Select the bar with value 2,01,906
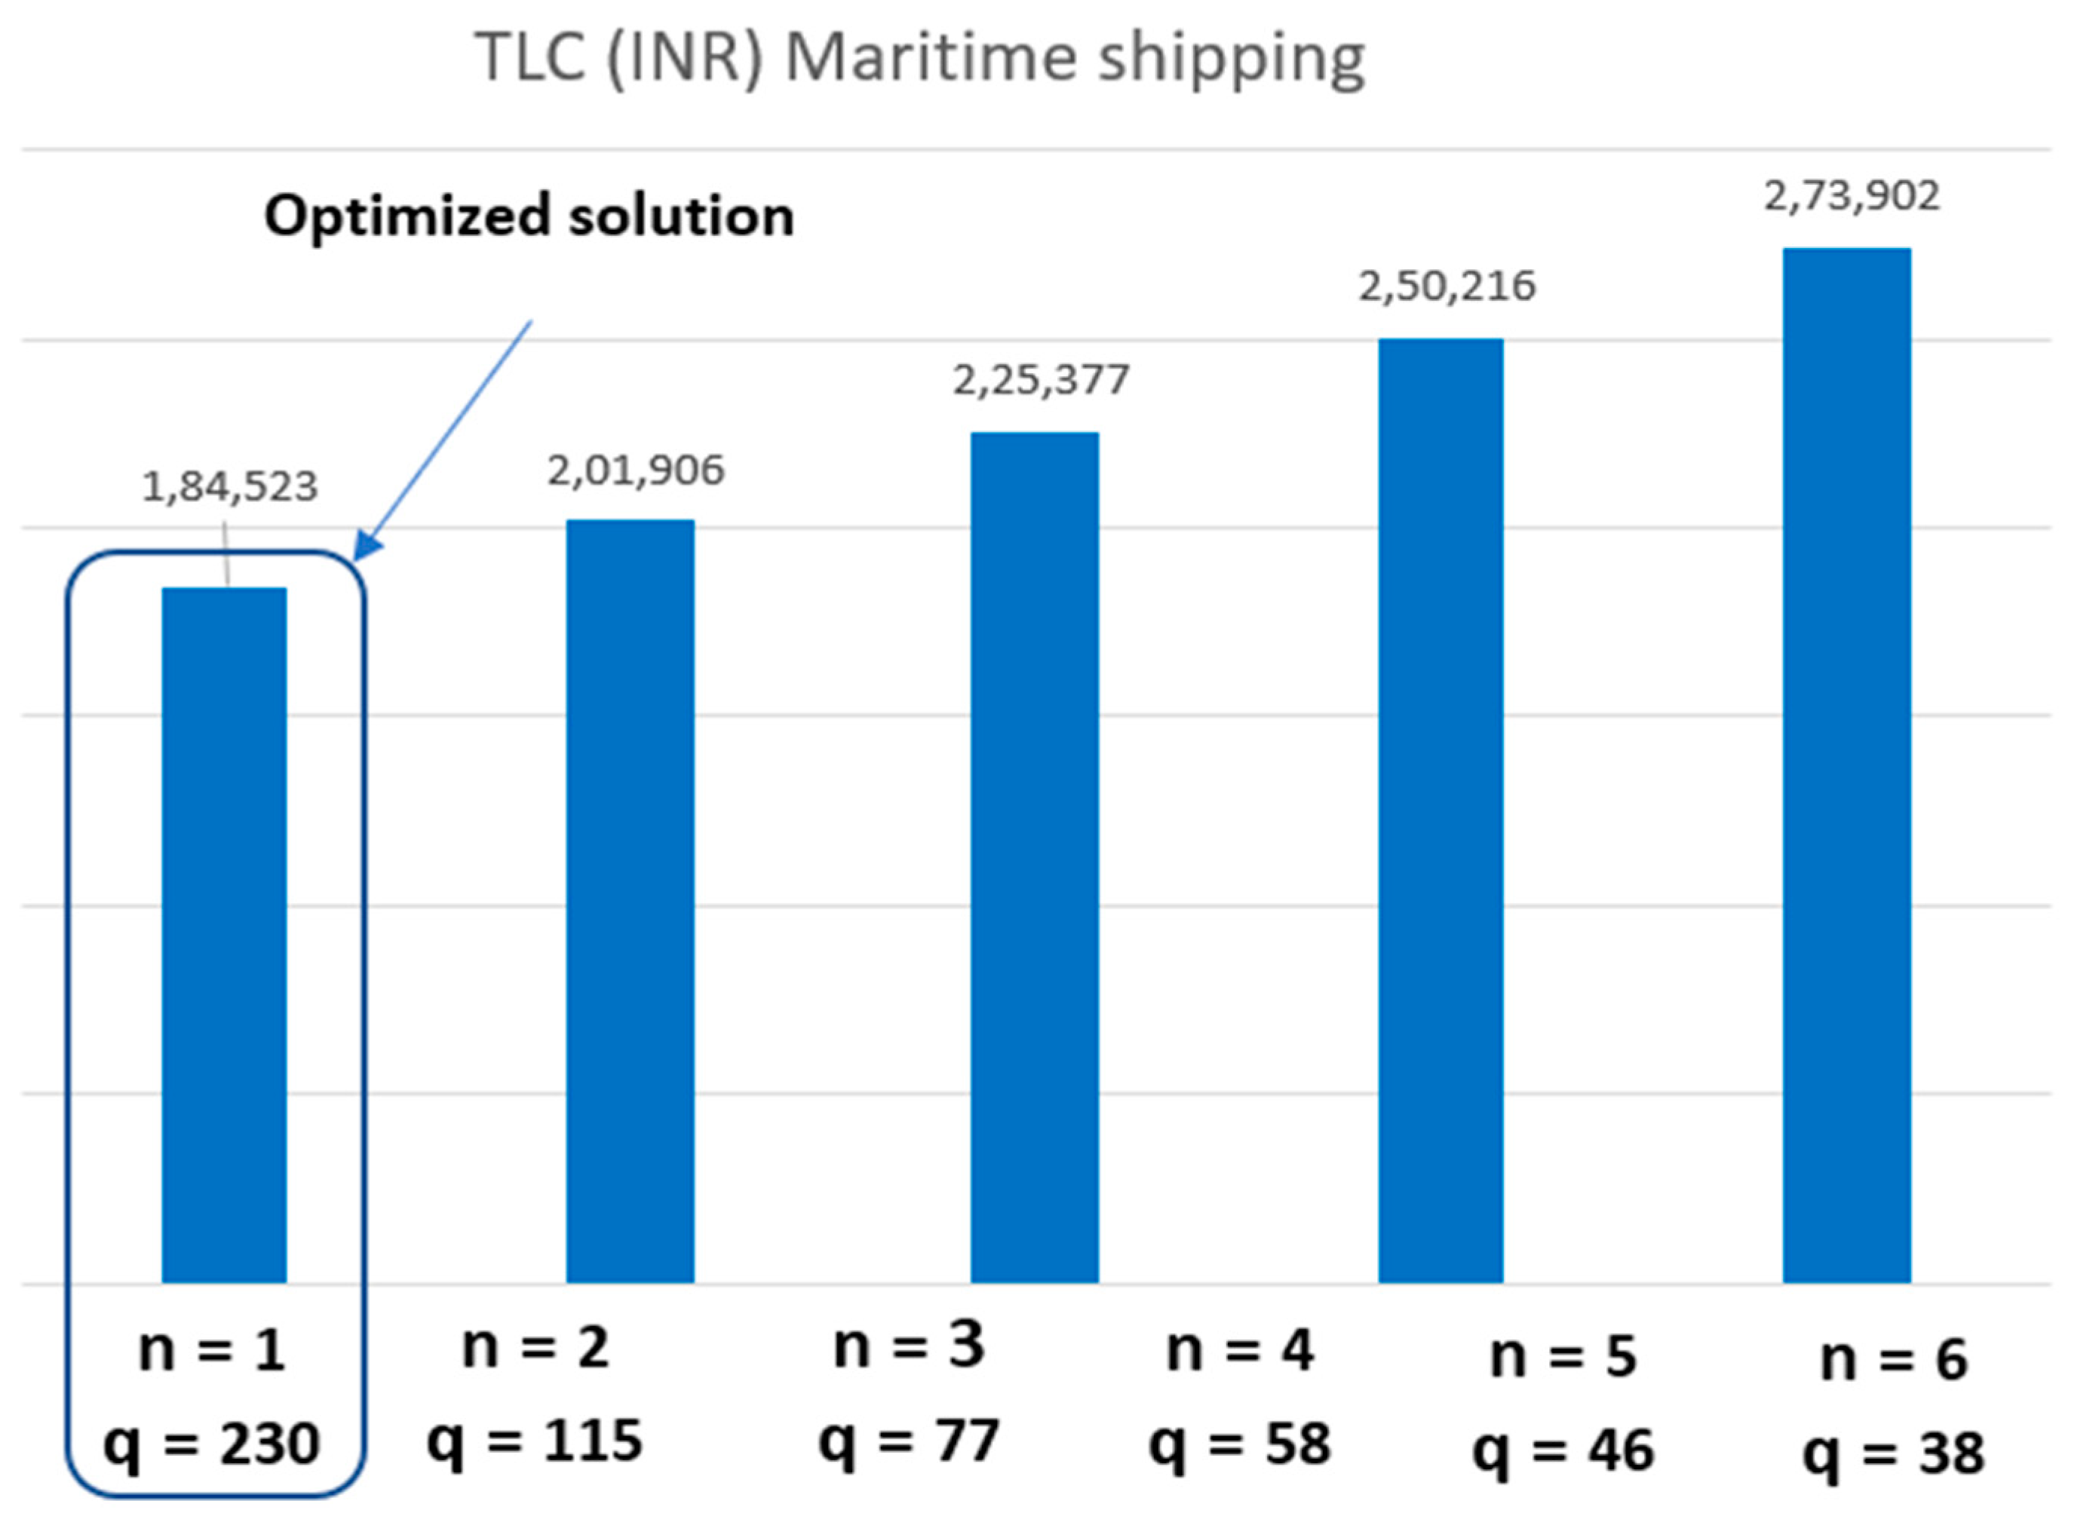pyautogui.click(x=629, y=901)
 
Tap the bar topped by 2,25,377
pyautogui.click(x=1034, y=857)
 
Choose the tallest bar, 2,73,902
pyautogui.click(x=1846, y=765)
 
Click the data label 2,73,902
pyautogui.click(x=1851, y=196)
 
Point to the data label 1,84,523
pyautogui.click(x=230, y=486)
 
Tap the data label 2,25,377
pyautogui.click(x=1040, y=380)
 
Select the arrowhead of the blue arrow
pyautogui.click(x=366, y=547)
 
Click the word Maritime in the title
pyautogui.click(x=930, y=57)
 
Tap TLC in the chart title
pyautogui.click(x=531, y=57)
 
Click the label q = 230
pyautogui.click(x=211, y=1444)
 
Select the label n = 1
pyautogui.click(x=211, y=1351)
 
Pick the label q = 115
pyautogui.click(x=535, y=1440)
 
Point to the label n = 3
pyautogui.click(x=909, y=1346)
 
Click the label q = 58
pyautogui.click(x=1239, y=1444)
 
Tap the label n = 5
pyautogui.click(x=1563, y=1355)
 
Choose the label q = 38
pyautogui.click(x=1893, y=1453)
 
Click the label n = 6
pyautogui.click(x=1893, y=1359)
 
